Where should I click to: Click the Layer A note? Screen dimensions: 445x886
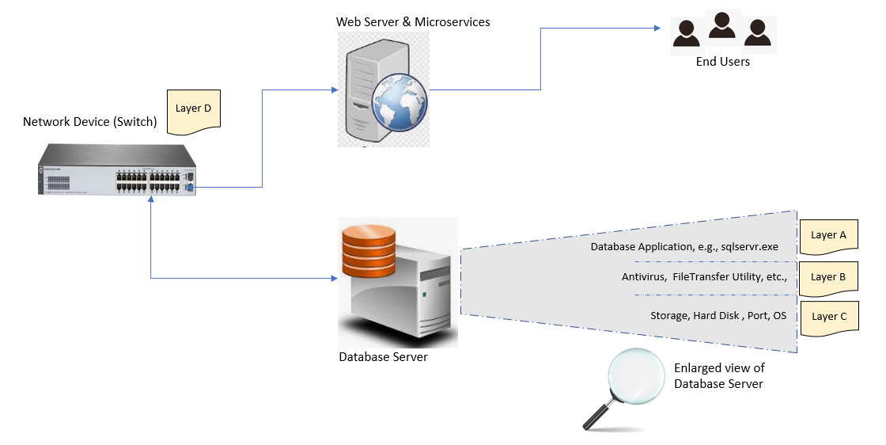[x=828, y=235]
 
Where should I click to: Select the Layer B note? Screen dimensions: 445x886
[x=828, y=277]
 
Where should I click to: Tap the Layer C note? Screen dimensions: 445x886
[x=828, y=317]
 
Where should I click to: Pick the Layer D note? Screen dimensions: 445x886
[x=192, y=108]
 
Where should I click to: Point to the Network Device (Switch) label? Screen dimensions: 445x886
[x=90, y=122]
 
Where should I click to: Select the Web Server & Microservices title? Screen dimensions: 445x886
[x=413, y=21]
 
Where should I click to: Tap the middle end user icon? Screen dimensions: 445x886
[x=722, y=26]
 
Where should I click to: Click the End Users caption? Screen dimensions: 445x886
[x=722, y=61]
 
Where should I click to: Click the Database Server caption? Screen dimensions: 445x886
[x=383, y=356]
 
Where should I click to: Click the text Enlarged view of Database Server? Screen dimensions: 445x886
[x=719, y=376]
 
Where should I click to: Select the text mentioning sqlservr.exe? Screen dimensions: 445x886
[x=684, y=247]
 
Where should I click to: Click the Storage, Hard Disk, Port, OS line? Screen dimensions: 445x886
[x=718, y=316]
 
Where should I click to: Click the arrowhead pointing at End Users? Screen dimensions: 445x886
[x=656, y=29]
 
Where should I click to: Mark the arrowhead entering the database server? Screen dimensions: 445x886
[x=333, y=279]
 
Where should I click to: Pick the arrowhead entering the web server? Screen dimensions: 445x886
[x=333, y=89]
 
